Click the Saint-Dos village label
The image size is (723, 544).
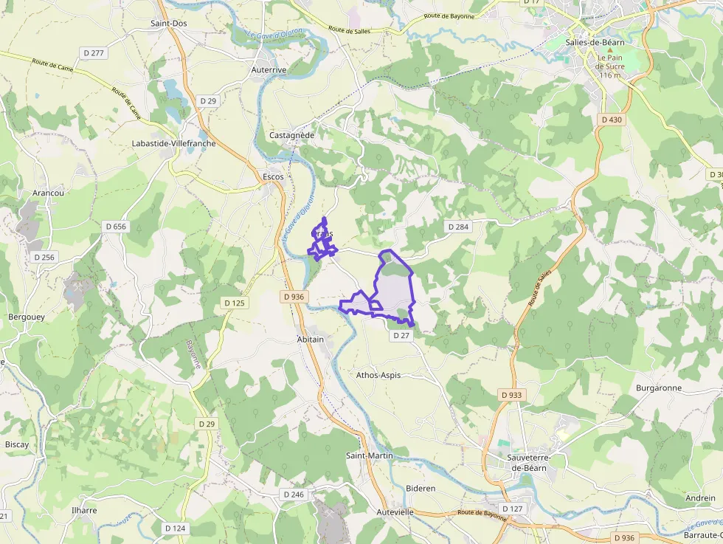coord(169,24)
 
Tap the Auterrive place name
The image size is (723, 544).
coord(269,70)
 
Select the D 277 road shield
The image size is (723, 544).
coord(94,52)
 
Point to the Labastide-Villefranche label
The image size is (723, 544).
coord(173,143)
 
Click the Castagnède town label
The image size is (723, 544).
coord(292,136)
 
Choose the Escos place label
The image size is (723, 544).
coord(273,177)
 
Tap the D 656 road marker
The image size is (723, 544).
coord(116,227)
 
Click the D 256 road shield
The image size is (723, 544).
coord(44,257)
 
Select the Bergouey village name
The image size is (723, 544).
coord(26,317)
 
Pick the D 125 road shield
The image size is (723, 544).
coord(234,303)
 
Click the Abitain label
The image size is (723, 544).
coord(310,340)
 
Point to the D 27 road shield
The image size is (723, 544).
coord(401,335)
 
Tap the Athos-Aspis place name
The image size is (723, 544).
coord(378,375)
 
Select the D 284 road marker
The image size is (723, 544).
coord(458,227)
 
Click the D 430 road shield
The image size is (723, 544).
coord(612,120)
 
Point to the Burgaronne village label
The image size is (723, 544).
coord(659,388)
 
